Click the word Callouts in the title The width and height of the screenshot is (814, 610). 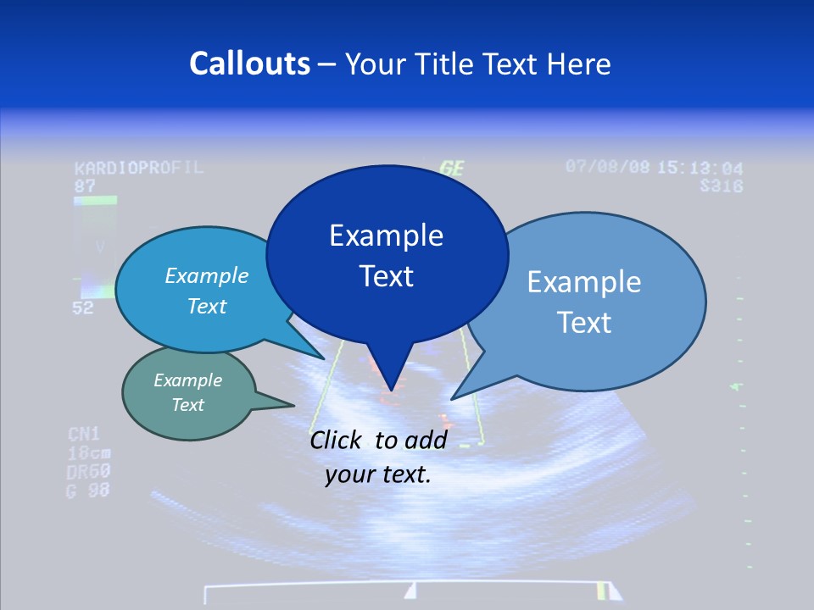[x=249, y=64]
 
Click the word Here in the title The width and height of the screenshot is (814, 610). [x=578, y=64]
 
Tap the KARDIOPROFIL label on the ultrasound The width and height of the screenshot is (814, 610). [x=138, y=167]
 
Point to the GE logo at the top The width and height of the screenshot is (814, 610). [x=452, y=168]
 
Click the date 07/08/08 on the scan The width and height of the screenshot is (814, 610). [x=607, y=167]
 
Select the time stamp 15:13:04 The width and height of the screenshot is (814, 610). [x=700, y=168]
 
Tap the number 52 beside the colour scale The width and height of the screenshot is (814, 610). [x=82, y=308]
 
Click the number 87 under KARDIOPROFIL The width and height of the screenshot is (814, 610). [x=84, y=185]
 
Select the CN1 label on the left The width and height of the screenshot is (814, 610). [x=84, y=435]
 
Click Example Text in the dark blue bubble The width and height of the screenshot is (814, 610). [x=386, y=255]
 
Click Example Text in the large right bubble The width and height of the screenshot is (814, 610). [x=583, y=302]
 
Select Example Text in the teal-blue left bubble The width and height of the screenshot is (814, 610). [x=206, y=291]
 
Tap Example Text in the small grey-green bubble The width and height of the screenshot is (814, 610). [x=187, y=392]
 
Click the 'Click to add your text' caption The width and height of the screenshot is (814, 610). [x=377, y=457]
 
